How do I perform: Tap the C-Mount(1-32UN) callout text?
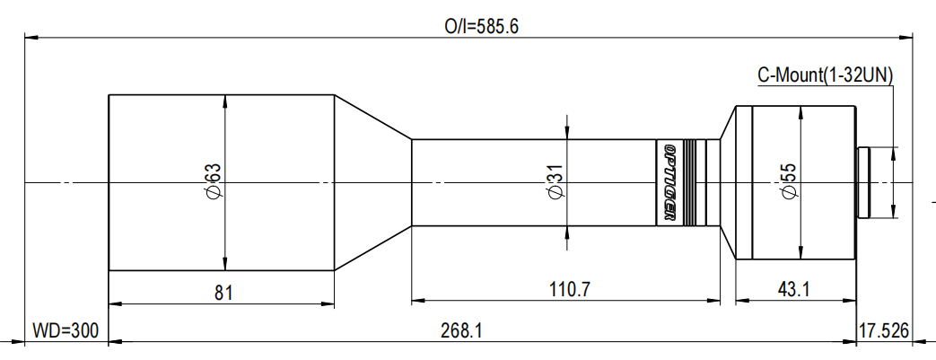[825, 76]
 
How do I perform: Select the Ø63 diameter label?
[213, 182]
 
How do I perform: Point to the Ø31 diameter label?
[555, 182]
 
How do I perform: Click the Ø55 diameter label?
[789, 182]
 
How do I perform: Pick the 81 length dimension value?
[221, 291]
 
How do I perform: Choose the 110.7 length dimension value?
[565, 291]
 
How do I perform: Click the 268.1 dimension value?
[462, 330]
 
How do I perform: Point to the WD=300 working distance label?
[64, 330]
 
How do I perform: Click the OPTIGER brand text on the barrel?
[668, 182]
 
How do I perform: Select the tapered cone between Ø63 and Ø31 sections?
[372, 182]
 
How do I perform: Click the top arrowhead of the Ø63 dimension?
[224, 100]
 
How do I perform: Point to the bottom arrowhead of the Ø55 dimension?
[799, 254]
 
